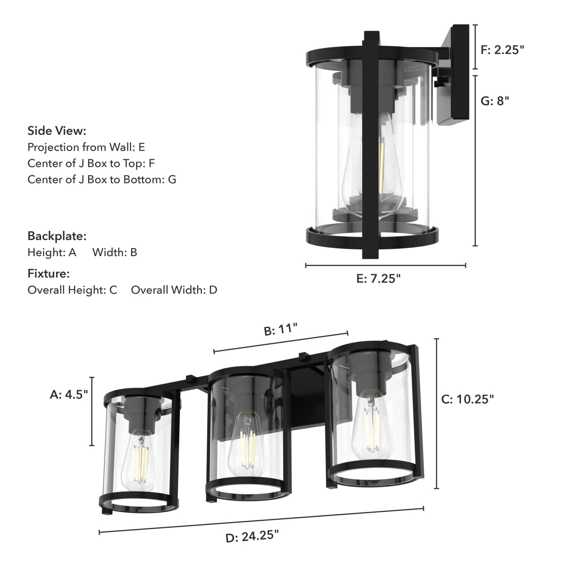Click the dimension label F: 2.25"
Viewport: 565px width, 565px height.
tap(502, 50)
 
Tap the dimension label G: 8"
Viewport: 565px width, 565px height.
tap(495, 101)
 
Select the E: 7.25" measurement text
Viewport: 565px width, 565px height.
tap(378, 278)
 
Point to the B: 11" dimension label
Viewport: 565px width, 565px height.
tap(281, 330)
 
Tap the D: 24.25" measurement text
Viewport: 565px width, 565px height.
tap(252, 536)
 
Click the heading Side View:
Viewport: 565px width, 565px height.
tap(57, 131)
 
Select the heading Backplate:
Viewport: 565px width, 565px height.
tap(57, 236)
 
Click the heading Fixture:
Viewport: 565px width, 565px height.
tap(48, 273)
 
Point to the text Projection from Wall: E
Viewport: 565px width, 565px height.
tap(86, 147)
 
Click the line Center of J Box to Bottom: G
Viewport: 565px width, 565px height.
tap(102, 179)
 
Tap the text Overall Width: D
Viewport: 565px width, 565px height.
tap(174, 290)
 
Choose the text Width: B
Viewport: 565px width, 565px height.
tap(115, 253)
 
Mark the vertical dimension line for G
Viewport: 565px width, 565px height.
tap(475, 160)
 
